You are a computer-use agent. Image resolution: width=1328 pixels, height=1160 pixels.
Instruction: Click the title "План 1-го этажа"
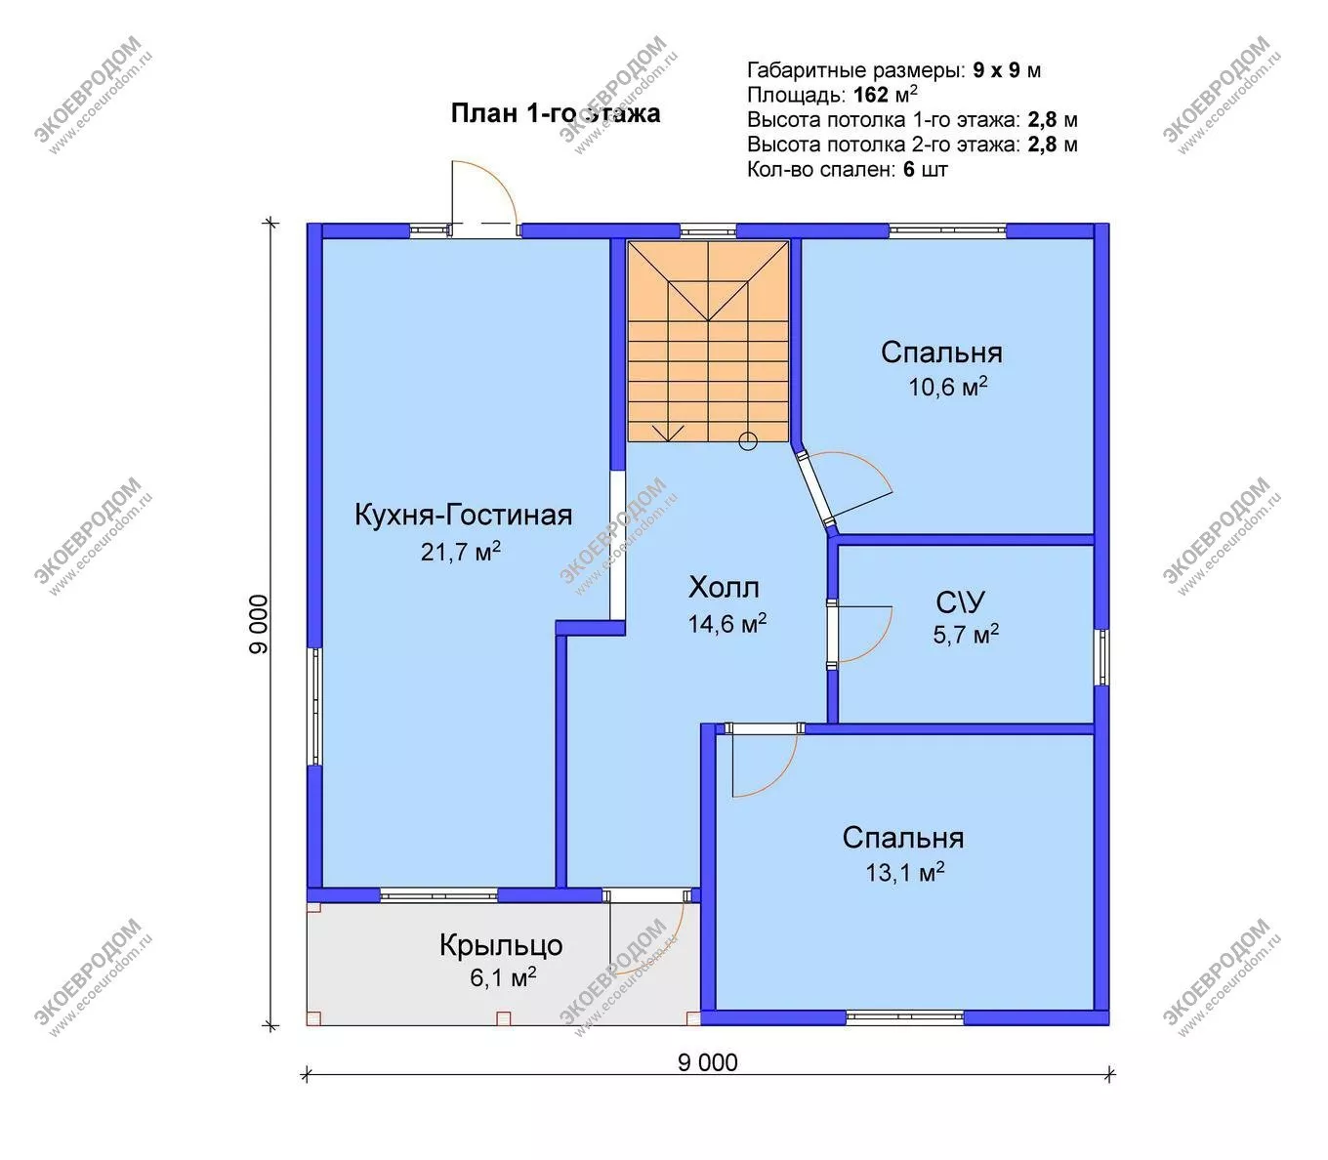556,113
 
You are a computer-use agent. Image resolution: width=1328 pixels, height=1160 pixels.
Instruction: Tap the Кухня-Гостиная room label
464,516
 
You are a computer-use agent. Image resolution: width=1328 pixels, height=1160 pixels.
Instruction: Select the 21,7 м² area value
461,552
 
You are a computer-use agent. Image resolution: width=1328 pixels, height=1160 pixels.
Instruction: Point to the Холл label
724,588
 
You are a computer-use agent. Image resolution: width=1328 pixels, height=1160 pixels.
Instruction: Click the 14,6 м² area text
727,624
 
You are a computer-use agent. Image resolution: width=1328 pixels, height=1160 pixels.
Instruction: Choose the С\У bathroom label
961,602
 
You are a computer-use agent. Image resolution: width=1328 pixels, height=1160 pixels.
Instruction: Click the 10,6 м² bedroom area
948,387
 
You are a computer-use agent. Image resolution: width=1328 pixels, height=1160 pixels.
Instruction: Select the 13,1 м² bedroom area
905,873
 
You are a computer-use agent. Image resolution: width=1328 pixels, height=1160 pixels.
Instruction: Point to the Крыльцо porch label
501,946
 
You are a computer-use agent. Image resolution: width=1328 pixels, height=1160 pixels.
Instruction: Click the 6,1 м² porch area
503,977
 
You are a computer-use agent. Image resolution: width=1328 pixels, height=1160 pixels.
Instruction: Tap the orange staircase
708,342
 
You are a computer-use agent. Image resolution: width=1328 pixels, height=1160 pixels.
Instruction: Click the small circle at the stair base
748,442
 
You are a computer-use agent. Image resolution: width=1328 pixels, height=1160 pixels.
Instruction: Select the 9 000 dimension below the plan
708,1062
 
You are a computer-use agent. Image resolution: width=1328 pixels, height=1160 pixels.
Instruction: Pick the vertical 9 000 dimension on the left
259,624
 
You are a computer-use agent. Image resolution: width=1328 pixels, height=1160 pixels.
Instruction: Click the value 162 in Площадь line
870,95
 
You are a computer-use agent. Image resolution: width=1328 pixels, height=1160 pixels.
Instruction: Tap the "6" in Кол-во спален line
909,170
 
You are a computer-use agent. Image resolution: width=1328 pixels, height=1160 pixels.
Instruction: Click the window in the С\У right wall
1101,657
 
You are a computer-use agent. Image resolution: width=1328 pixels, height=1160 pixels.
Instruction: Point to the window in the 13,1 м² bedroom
905,1017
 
